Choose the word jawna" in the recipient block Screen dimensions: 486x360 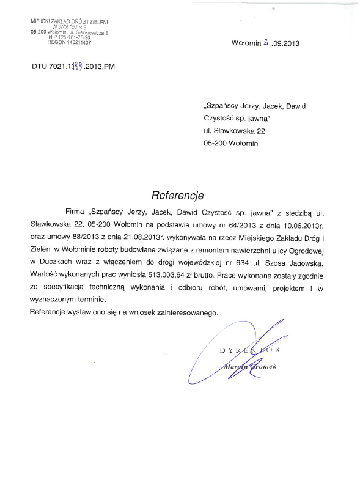click(x=257, y=118)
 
